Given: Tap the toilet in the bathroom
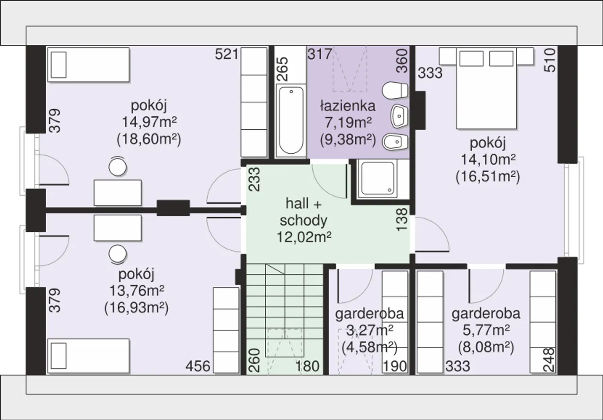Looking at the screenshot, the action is [x=395, y=91].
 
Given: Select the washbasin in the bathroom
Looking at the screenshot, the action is [x=399, y=116].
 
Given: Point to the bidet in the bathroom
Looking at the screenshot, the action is [x=395, y=142].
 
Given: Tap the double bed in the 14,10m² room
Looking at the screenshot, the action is [x=486, y=88].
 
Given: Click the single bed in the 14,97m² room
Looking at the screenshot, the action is [x=89, y=65].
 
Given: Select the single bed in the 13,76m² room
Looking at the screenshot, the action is [x=89, y=356].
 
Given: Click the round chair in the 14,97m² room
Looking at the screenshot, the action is [x=117, y=166].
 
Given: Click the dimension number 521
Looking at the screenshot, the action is [x=227, y=54].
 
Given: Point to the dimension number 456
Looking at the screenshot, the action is [x=198, y=366].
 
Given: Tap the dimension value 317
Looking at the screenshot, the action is [x=319, y=54].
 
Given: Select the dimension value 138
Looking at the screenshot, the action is [x=402, y=219].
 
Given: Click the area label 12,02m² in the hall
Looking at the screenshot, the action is [x=304, y=237].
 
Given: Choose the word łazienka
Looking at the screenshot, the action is [x=348, y=106].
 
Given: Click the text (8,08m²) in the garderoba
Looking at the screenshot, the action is [x=486, y=347].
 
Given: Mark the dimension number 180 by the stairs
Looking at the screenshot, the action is [x=308, y=366].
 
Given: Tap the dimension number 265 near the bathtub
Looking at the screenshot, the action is [x=283, y=69].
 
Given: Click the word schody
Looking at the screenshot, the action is [x=304, y=221].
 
